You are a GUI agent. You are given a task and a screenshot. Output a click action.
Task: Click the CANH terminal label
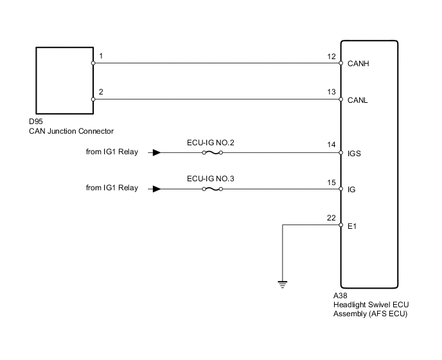[x=358, y=64]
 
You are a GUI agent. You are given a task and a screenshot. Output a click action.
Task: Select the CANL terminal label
[x=358, y=100]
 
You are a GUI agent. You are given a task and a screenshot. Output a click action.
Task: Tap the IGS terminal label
[x=354, y=154]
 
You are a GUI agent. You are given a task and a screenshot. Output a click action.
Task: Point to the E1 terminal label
[x=351, y=226]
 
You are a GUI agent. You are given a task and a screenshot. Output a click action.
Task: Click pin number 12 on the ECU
[x=331, y=57]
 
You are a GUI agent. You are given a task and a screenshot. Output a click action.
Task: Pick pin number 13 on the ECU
[x=331, y=93]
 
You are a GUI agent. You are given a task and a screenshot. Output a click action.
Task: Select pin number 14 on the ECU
[x=331, y=146]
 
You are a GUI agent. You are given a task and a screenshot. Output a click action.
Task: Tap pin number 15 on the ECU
[x=331, y=183]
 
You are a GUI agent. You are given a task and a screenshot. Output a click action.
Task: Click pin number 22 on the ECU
[x=331, y=219]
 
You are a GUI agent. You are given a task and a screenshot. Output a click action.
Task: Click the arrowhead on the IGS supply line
[x=156, y=153]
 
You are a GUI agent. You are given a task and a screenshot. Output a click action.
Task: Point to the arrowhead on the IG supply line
[x=156, y=189]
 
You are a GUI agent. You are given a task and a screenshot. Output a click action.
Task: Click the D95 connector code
[x=37, y=123]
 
